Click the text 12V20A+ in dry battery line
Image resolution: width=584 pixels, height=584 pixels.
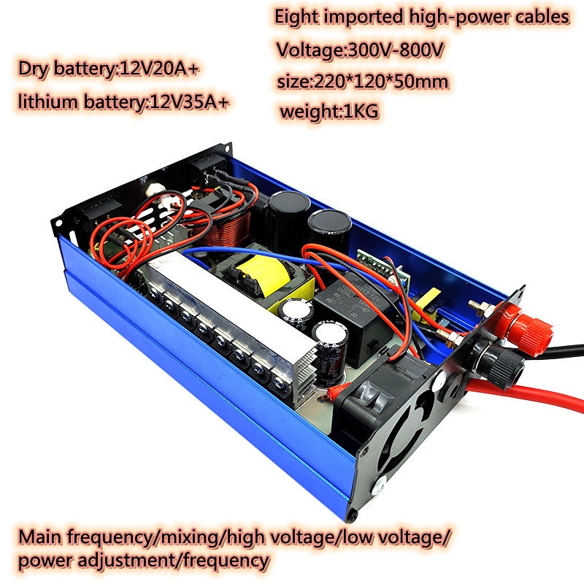pyautogui.click(x=160, y=69)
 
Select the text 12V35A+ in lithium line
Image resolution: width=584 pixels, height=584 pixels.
pyautogui.click(x=189, y=101)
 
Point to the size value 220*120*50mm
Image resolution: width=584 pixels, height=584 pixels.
pyautogui.click(x=381, y=81)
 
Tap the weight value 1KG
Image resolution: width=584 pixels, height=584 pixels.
pyautogui.click(x=361, y=111)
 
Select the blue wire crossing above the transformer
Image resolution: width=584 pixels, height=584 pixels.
pyautogui.click(x=261, y=254)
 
